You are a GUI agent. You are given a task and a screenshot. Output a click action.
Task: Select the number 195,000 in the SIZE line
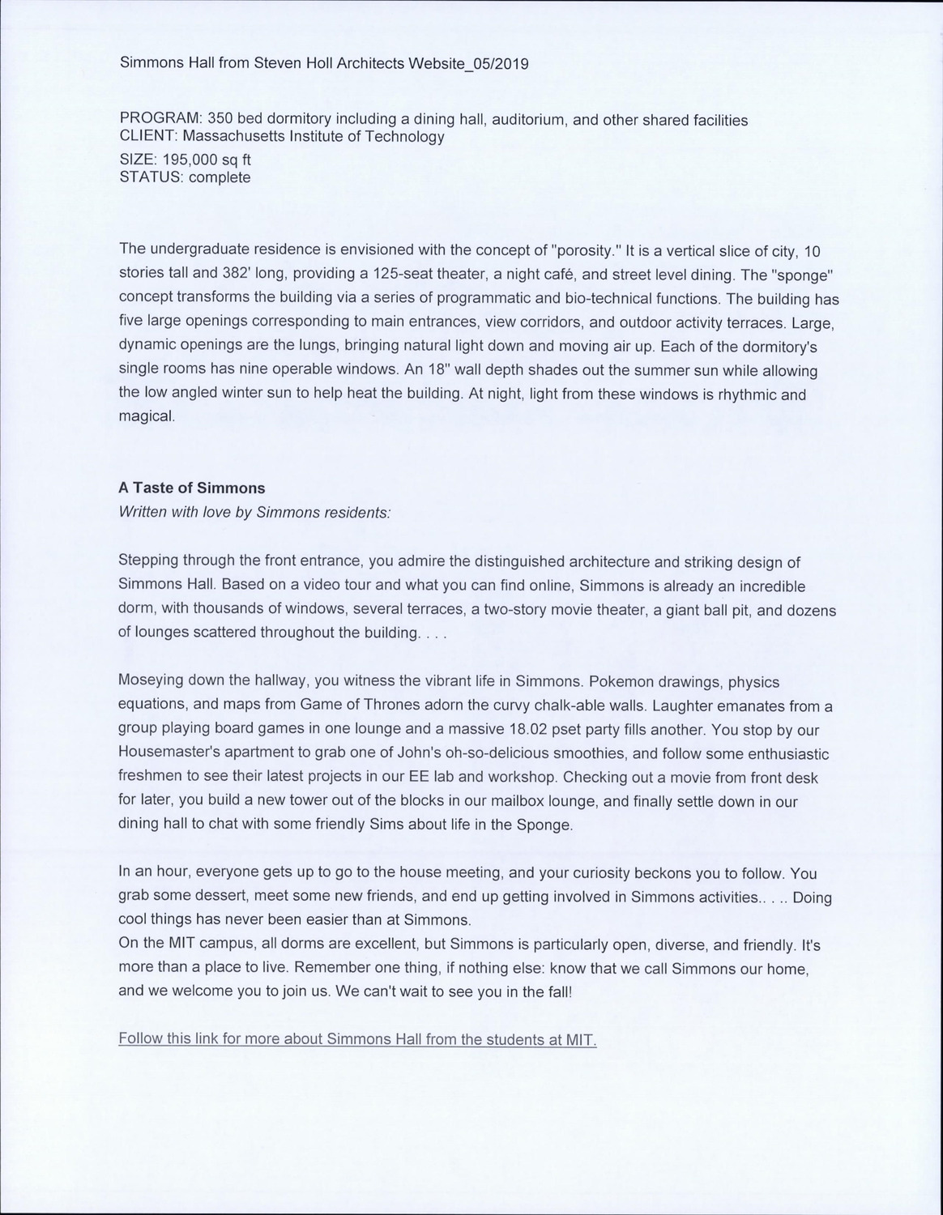194,160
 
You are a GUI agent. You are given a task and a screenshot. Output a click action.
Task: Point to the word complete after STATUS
220,177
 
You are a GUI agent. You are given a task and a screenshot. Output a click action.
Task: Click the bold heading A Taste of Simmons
192,488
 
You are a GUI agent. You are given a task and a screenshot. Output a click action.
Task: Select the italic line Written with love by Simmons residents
254,513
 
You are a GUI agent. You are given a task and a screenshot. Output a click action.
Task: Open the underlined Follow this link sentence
357,1039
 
